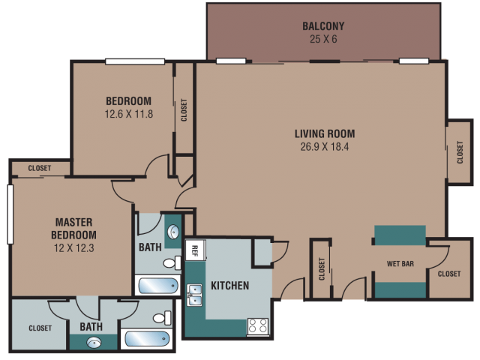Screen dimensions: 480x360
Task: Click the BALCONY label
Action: click(323, 26)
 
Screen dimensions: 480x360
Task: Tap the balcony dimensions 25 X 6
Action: click(323, 39)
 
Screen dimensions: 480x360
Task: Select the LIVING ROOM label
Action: click(325, 133)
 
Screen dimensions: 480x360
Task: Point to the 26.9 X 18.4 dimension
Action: click(325, 147)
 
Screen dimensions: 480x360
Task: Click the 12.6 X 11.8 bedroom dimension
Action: click(129, 114)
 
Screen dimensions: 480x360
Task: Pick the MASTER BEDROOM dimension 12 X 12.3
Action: click(73, 248)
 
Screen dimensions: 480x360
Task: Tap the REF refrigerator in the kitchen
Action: click(195, 250)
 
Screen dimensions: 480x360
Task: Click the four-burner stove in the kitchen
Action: click(258, 325)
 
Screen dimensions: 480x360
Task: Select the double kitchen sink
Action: click(195, 295)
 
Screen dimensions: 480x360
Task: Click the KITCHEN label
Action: click(230, 286)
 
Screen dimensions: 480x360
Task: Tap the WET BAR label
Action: click(400, 264)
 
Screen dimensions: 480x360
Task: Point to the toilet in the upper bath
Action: click(172, 262)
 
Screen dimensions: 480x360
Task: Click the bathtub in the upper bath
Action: click(158, 285)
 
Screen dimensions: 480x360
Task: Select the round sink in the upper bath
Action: click(173, 232)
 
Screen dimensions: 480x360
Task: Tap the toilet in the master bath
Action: click(162, 318)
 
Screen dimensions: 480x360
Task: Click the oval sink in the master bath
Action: click(94, 343)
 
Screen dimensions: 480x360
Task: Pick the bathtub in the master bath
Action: click(147, 339)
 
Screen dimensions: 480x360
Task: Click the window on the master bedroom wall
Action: click(10, 214)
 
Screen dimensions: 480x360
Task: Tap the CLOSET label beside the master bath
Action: click(40, 328)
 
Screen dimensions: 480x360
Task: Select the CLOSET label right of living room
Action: click(460, 152)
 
